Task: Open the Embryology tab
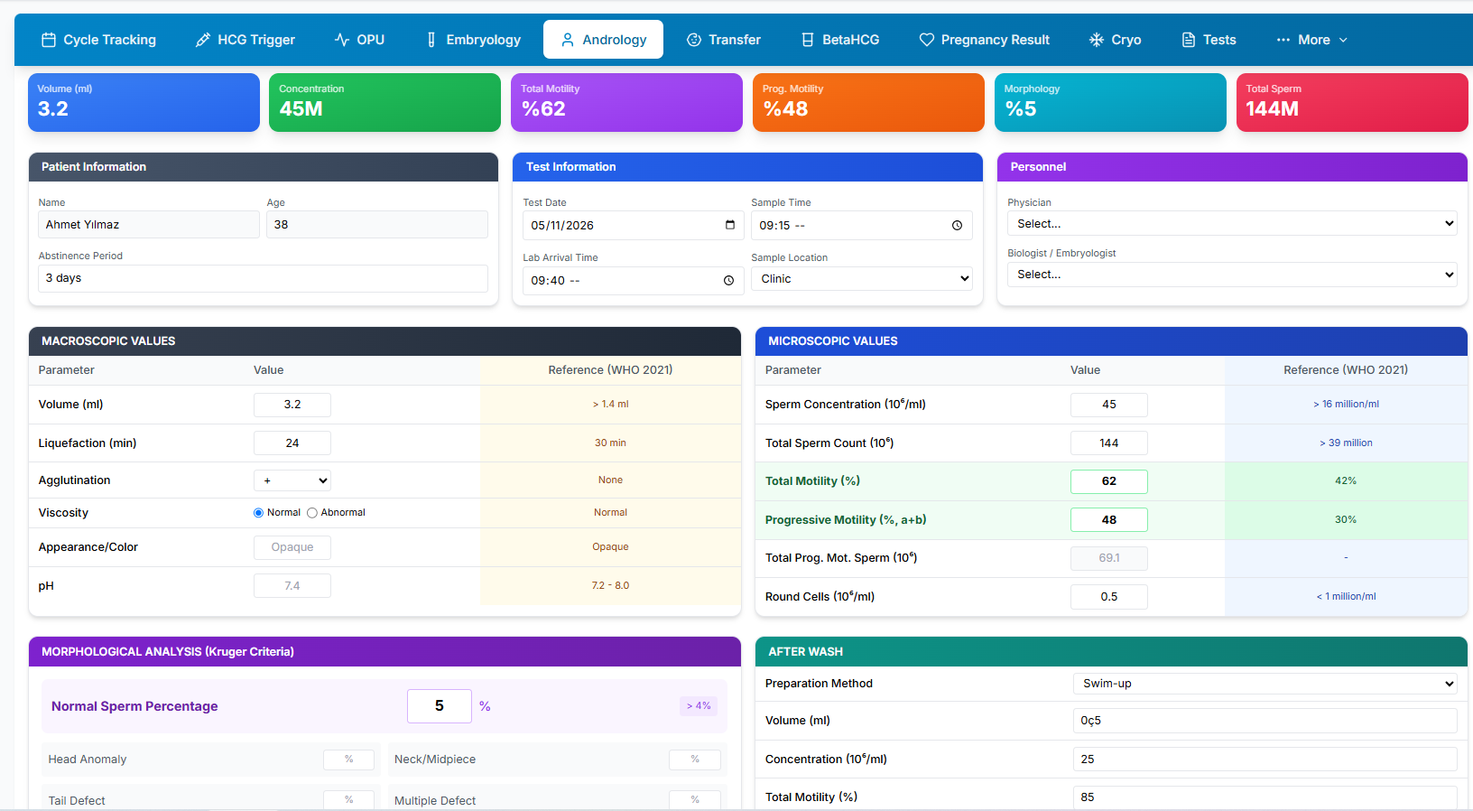(x=473, y=40)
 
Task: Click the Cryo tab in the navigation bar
(x=1116, y=40)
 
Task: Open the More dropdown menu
(x=1312, y=40)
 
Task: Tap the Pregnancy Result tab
(x=984, y=40)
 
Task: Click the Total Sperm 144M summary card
(x=1351, y=102)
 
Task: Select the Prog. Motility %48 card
(x=868, y=102)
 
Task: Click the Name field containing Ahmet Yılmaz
(x=149, y=224)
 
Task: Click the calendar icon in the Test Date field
(x=729, y=225)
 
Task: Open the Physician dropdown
(x=1232, y=224)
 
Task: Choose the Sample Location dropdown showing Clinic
(x=861, y=279)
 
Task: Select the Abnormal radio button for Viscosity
(x=312, y=512)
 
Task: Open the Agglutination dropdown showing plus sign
(x=292, y=480)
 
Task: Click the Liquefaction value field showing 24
(x=292, y=443)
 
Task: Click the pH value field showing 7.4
(x=292, y=585)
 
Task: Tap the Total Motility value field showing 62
(x=1108, y=480)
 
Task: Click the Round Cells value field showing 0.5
(x=1108, y=597)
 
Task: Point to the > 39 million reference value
(x=1346, y=443)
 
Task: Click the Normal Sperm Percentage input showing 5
(x=440, y=705)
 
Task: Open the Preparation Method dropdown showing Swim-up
(x=1265, y=684)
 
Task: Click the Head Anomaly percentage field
(x=348, y=759)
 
